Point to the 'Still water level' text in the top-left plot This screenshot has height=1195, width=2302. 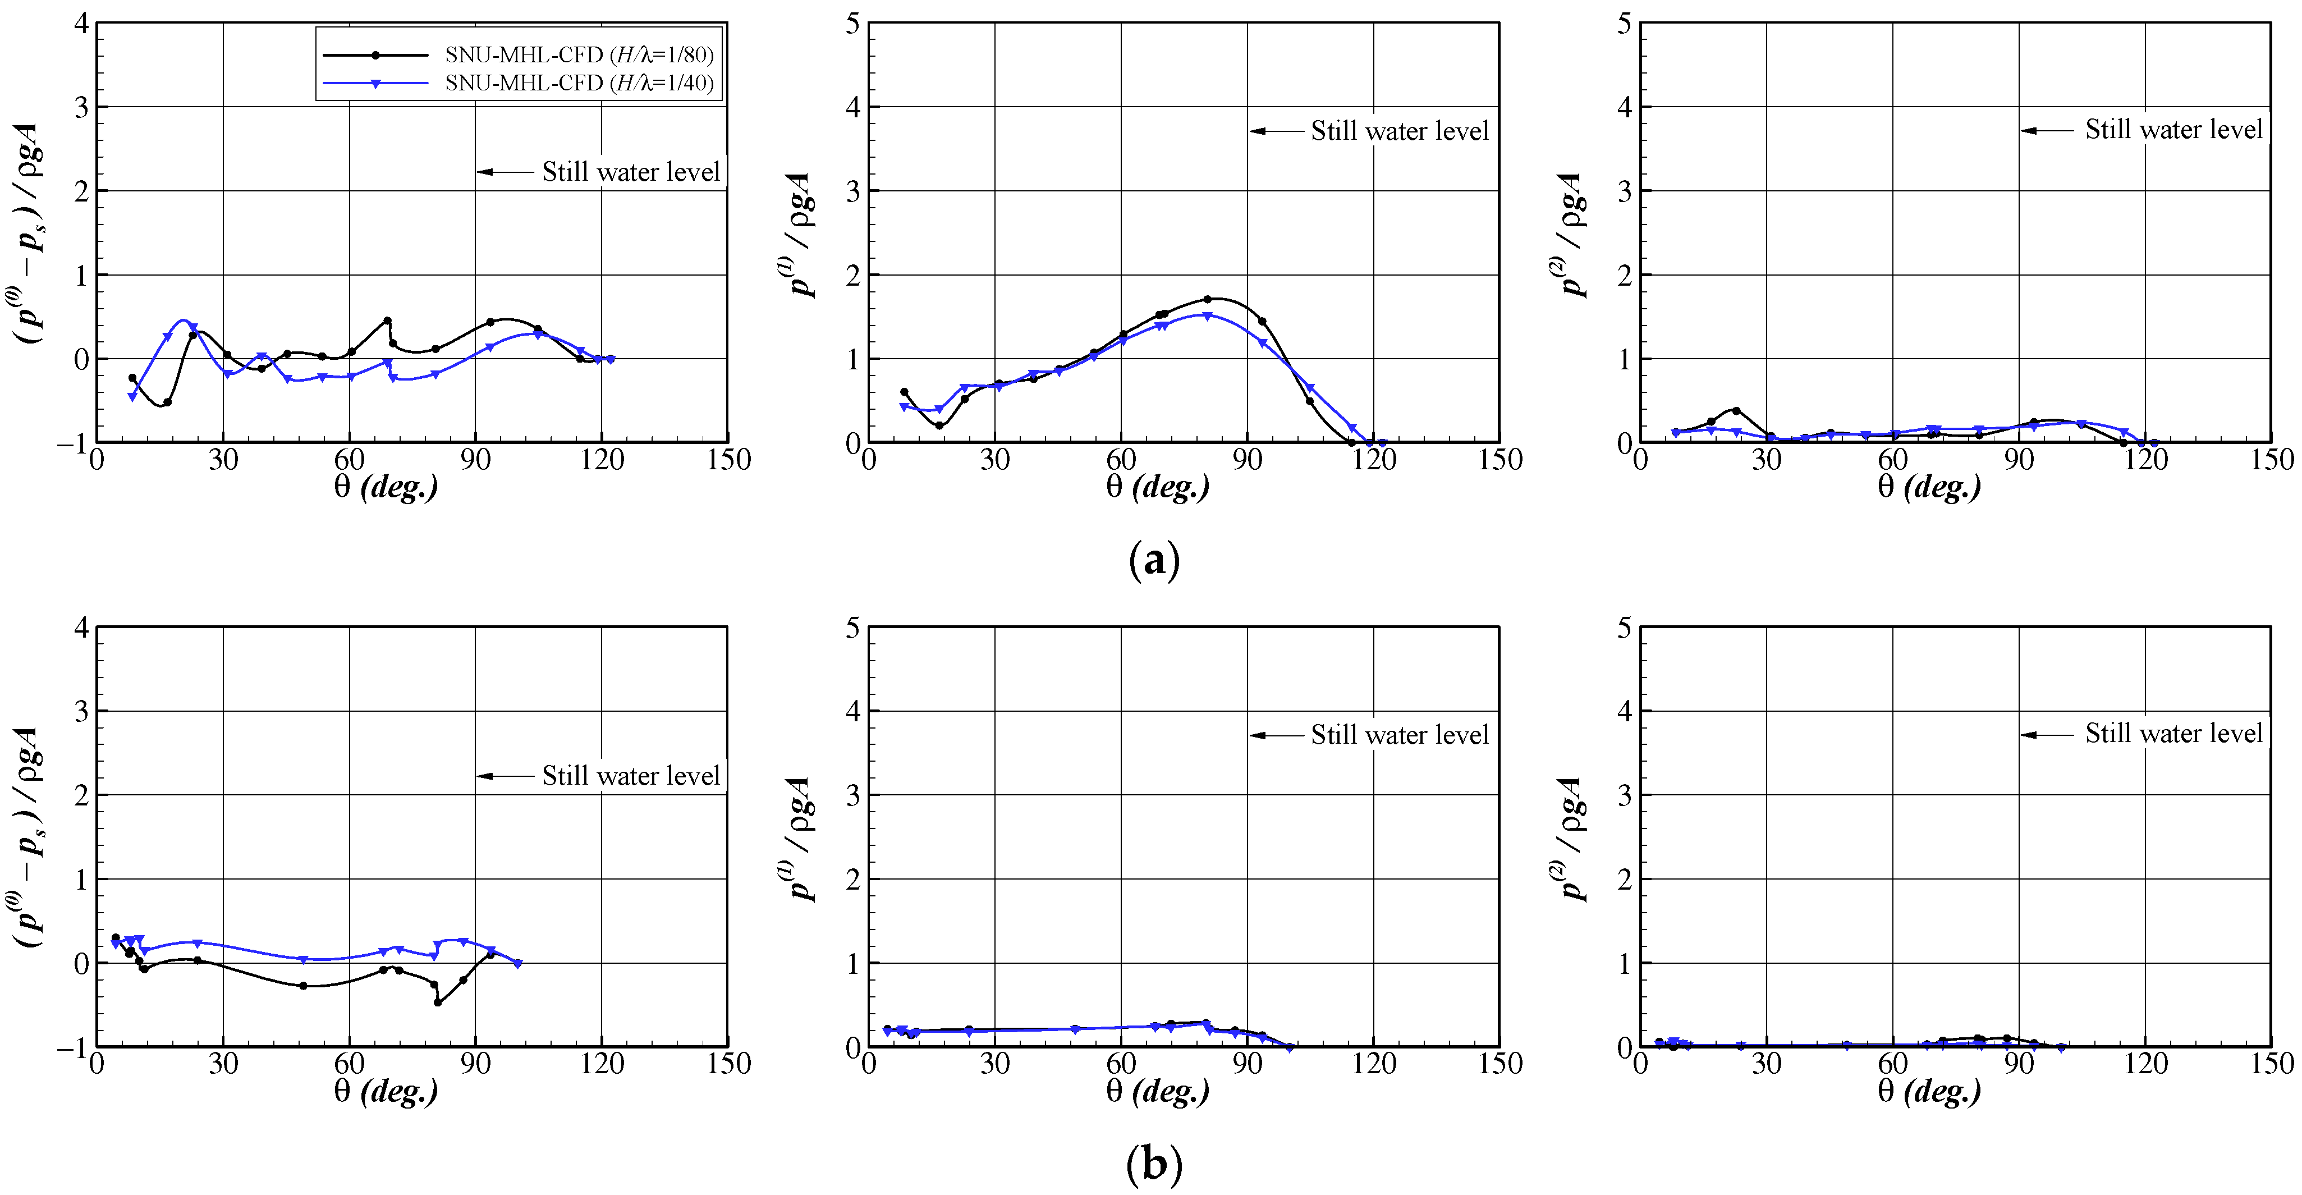631,172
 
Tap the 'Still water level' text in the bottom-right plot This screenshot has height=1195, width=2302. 2173,734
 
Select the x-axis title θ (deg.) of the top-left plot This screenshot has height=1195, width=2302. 386,487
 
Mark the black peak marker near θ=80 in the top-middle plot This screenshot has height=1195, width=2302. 1207,299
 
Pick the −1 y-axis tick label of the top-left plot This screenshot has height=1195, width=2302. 74,443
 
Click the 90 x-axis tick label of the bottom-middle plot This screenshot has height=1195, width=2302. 1248,1064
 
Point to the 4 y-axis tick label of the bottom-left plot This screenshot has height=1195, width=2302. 81,628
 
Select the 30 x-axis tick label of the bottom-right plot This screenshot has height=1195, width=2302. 1766,1064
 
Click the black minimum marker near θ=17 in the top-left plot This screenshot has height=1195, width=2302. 167,402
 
